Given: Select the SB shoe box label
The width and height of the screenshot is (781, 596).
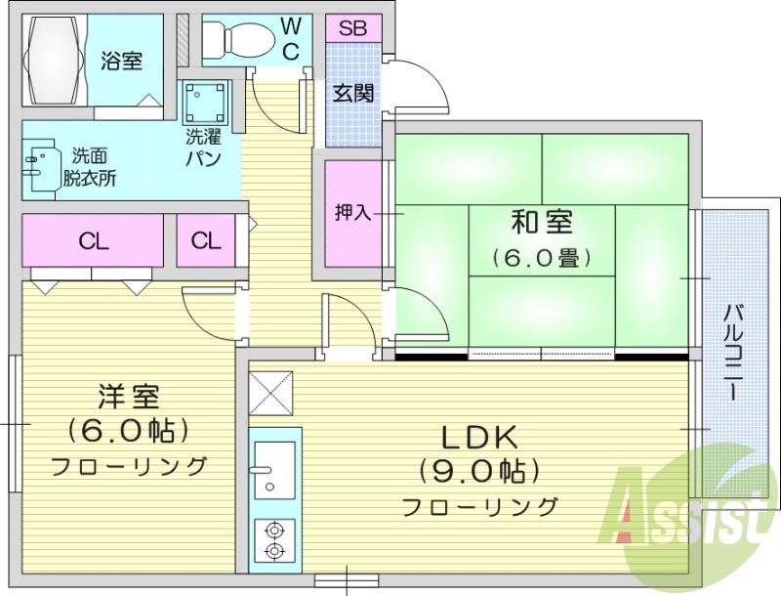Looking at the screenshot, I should coord(353,27).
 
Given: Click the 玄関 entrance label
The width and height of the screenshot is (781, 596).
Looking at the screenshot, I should coord(353,94).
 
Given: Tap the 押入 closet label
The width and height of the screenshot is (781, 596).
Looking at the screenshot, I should coord(352,212).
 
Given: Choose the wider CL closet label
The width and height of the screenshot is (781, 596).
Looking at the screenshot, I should coord(94,240).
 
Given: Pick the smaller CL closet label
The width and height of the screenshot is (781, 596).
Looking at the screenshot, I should coord(206,240).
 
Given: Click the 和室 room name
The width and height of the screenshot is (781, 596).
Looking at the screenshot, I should coord(542,223).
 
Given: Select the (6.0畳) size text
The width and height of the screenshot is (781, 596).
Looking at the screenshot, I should coord(542,258).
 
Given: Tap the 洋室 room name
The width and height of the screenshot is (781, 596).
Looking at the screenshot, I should coord(128,397).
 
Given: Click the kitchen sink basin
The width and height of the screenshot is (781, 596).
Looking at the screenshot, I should coord(273,464).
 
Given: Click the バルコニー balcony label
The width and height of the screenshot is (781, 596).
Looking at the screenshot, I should coord(732,352).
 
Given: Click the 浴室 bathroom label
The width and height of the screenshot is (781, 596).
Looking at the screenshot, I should coord(122,61).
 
